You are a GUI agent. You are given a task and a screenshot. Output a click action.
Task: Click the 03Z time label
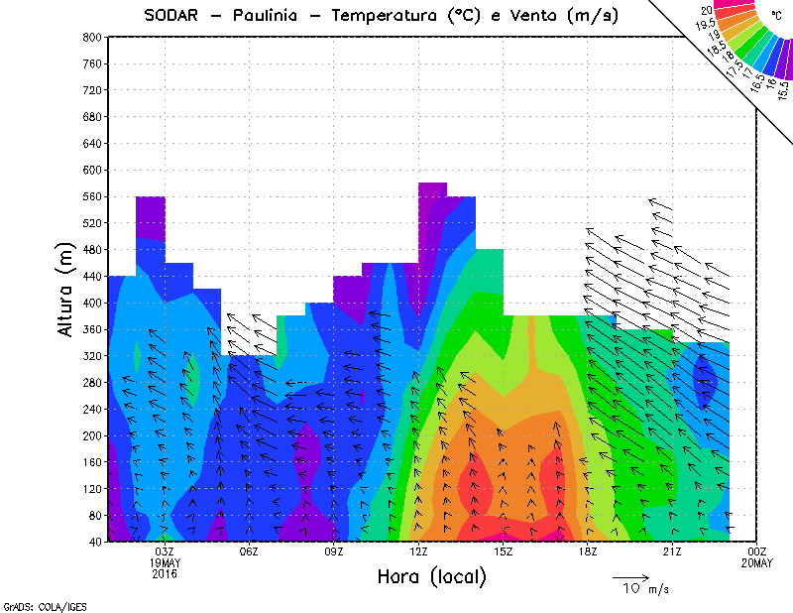165,552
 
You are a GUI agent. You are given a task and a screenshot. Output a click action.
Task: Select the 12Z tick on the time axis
418,552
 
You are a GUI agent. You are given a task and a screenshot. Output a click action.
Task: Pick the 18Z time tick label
588,552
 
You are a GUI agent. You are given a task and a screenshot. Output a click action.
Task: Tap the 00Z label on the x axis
757,552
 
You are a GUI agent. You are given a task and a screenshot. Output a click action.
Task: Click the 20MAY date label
757,563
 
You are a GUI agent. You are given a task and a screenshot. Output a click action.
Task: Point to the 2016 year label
165,574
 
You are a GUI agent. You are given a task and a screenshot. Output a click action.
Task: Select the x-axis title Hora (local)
431,577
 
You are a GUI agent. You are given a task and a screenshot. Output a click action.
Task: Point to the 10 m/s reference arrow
630,576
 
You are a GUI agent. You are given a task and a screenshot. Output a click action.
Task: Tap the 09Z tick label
334,552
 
